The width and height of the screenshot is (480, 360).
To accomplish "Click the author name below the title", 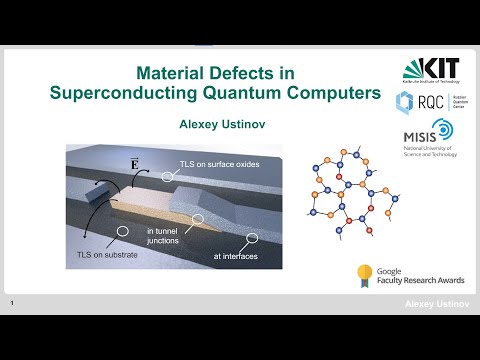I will pos(217,125).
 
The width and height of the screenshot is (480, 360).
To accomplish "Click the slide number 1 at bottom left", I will pos(10,302).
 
